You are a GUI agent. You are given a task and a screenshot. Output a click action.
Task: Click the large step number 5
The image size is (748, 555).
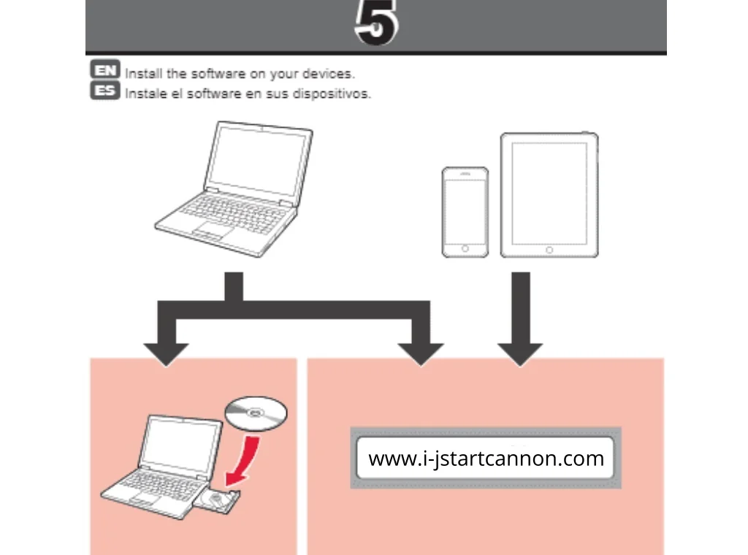click(x=376, y=23)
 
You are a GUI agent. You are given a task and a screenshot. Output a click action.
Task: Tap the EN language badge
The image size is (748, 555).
click(x=105, y=69)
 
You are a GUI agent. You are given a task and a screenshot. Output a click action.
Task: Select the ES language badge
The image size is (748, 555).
click(x=105, y=90)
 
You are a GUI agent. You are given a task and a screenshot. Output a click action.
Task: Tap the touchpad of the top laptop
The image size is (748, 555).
click(x=213, y=230)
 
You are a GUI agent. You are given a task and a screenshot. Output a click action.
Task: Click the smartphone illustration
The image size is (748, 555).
click(x=465, y=213)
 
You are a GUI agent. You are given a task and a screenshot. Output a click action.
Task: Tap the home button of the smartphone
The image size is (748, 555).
click(x=465, y=249)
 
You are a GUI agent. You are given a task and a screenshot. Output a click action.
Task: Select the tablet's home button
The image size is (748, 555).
click(x=549, y=250)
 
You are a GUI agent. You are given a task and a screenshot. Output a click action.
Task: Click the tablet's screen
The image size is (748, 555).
click(x=549, y=194)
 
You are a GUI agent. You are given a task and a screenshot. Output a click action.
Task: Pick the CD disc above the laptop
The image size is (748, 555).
click(x=256, y=413)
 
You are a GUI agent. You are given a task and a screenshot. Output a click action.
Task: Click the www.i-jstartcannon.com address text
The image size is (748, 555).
click(x=486, y=458)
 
